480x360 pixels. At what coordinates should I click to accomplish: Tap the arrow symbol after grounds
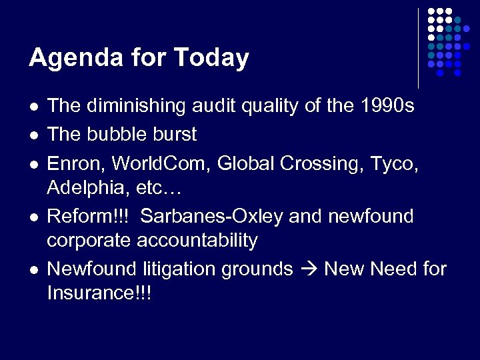(309, 269)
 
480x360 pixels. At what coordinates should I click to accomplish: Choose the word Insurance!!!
(99, 293)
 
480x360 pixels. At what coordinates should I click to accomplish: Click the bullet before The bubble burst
(34, 135)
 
